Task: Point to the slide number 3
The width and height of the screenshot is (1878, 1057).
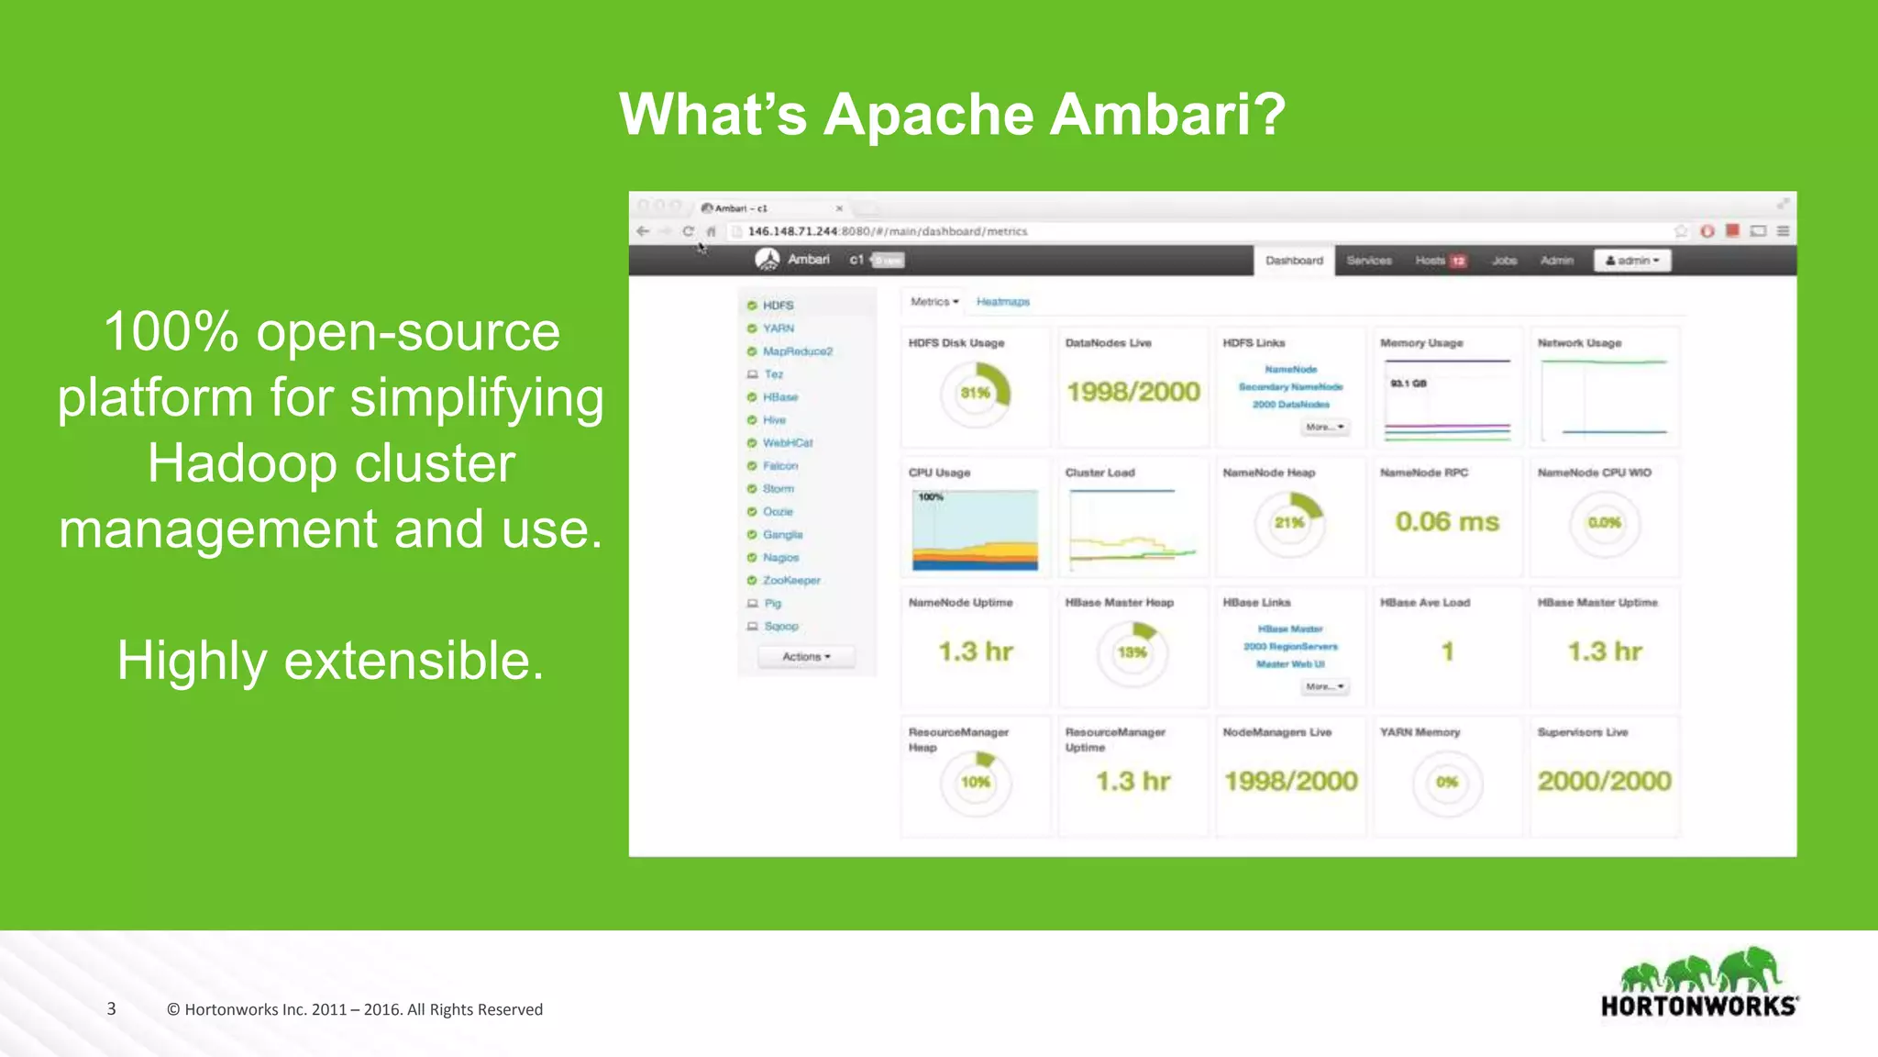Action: point(111,1008)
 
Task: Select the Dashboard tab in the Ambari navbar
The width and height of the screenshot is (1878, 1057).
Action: point(1294,261)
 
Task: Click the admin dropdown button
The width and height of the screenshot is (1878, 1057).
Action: point(1632,261)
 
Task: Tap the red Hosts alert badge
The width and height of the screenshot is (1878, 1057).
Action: point(1458,261)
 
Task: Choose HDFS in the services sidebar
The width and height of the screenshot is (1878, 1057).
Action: point(778,306)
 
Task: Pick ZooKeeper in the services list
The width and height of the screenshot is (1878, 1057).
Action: point(791,580)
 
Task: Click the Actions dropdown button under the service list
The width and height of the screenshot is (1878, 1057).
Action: point(806,657)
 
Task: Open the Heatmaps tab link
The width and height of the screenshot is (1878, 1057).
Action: point(1002,302)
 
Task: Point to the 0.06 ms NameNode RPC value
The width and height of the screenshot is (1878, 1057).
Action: point(1447,522)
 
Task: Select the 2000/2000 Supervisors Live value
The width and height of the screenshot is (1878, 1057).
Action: point(1604,781)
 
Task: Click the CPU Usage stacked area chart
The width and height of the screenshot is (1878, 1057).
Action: point(975,530)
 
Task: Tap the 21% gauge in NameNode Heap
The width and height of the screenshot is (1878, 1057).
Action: point(1289,522)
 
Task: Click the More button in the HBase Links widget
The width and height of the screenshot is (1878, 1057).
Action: point(1325,686)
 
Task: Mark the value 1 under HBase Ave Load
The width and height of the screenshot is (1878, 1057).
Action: point(1447,651)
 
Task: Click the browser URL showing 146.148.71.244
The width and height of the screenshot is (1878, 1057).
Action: point(887,231)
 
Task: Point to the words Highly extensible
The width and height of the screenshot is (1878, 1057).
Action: point(331,661)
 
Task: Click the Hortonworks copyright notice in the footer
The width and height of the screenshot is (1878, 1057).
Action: point(355,1009)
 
